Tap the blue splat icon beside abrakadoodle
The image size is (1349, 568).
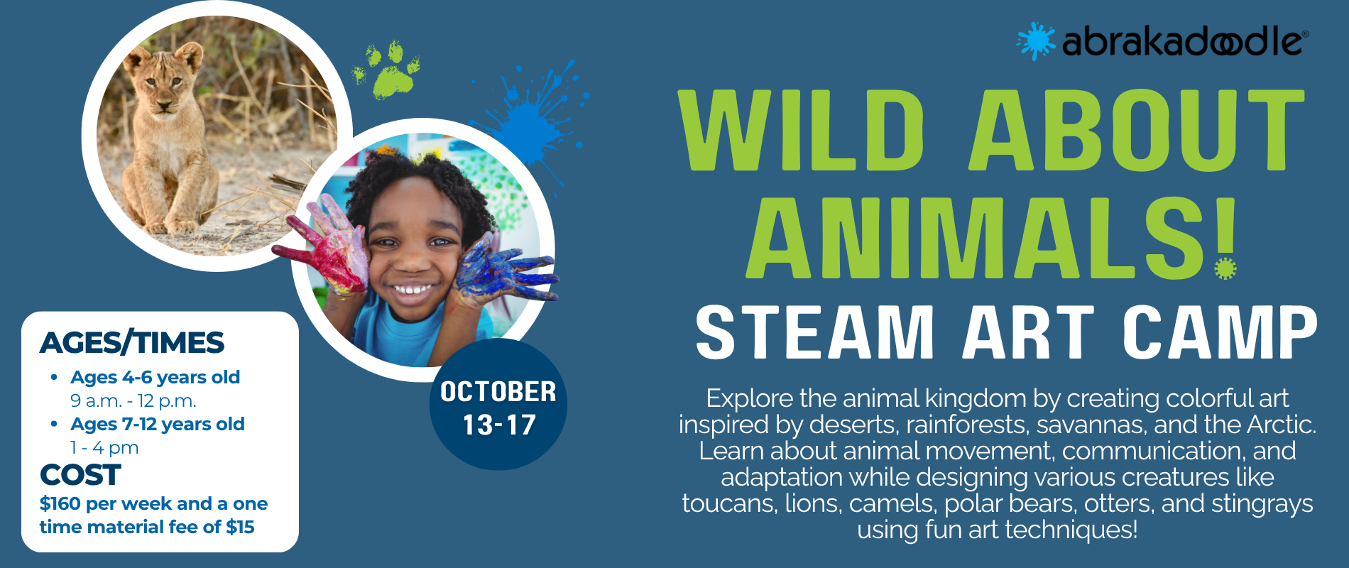coord(1036,40)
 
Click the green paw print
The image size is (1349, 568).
coord(387,70)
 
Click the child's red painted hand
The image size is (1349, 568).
coord(327,248)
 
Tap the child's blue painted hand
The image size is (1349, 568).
coord(501,268)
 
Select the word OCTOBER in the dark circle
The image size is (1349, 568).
coord(498,392)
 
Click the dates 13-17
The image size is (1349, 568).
coord(499,425)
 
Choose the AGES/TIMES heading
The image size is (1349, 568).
coord(132,343)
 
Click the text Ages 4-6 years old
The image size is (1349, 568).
coord(155,377)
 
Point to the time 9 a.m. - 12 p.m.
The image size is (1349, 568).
coord(133,401)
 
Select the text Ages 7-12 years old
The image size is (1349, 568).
coord(157,424)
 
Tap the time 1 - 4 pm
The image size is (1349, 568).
coord(104,448)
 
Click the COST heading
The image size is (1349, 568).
coord(80,475)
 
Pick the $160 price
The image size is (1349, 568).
coord(60,503)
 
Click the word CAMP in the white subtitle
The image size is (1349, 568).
coord(1220,332)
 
